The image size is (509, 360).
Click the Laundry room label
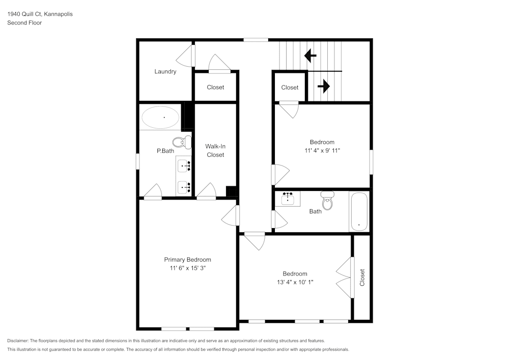tap(165, 72)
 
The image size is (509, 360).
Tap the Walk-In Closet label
tap(215, 150)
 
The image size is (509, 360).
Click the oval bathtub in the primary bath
tap(160, 118)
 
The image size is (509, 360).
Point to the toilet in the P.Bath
tap(181, 142)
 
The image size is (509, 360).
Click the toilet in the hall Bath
tap(327, 201)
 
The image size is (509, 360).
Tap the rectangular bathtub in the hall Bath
tap(359, 211)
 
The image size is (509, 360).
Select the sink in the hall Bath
tap(288, 198)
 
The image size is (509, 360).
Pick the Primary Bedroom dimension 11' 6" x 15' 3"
tap(187, 268)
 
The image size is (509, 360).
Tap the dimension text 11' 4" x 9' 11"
tap(322, 150)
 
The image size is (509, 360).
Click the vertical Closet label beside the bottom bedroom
tap(362, 278)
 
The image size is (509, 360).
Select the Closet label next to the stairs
tap(290, 88)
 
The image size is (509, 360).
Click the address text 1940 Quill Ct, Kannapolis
tap(40, 14)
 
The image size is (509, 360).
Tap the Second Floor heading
tap(24, 23)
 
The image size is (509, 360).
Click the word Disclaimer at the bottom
tap(18, 341)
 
